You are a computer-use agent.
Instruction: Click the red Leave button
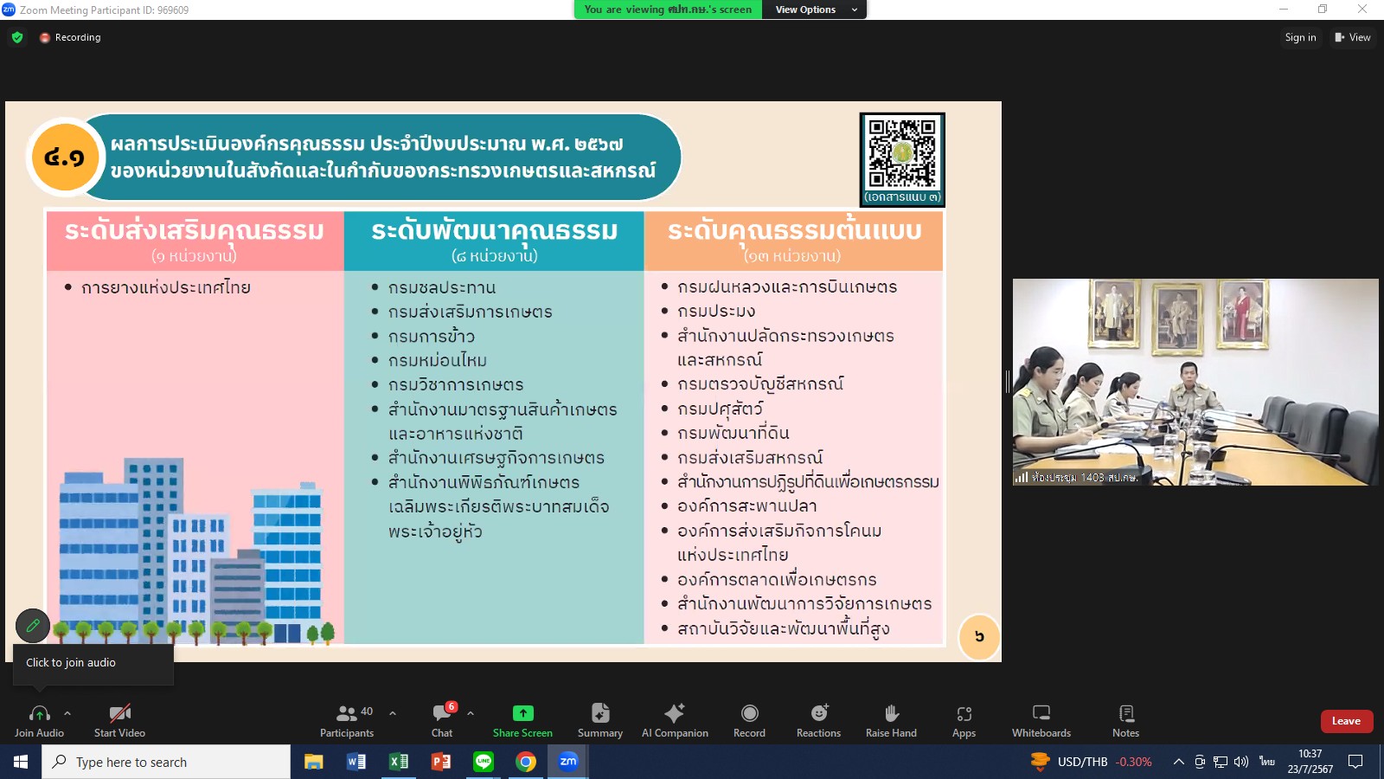click(1346, 721)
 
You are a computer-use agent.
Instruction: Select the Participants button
click(347, 721)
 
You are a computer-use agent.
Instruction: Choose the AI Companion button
click(675, 721)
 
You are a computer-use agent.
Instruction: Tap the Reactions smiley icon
click(819, 713)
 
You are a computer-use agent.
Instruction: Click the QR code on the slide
click(902, 154)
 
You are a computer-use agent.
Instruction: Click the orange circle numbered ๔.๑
click(65, 157)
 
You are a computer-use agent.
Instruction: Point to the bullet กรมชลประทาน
click(441, 287)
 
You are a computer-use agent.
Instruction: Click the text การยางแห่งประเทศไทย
click(165, 287)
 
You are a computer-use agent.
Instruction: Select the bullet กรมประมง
click(716, 311)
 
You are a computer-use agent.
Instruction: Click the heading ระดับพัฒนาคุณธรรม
click(494, 231)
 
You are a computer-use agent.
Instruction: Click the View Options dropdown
click(814, 10)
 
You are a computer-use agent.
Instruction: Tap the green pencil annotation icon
click(33, 626)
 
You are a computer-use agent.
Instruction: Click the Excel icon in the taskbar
click(399, 762)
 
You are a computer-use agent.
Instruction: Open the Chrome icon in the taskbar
click(526, 762)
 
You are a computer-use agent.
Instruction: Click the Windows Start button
click(21, 762)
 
